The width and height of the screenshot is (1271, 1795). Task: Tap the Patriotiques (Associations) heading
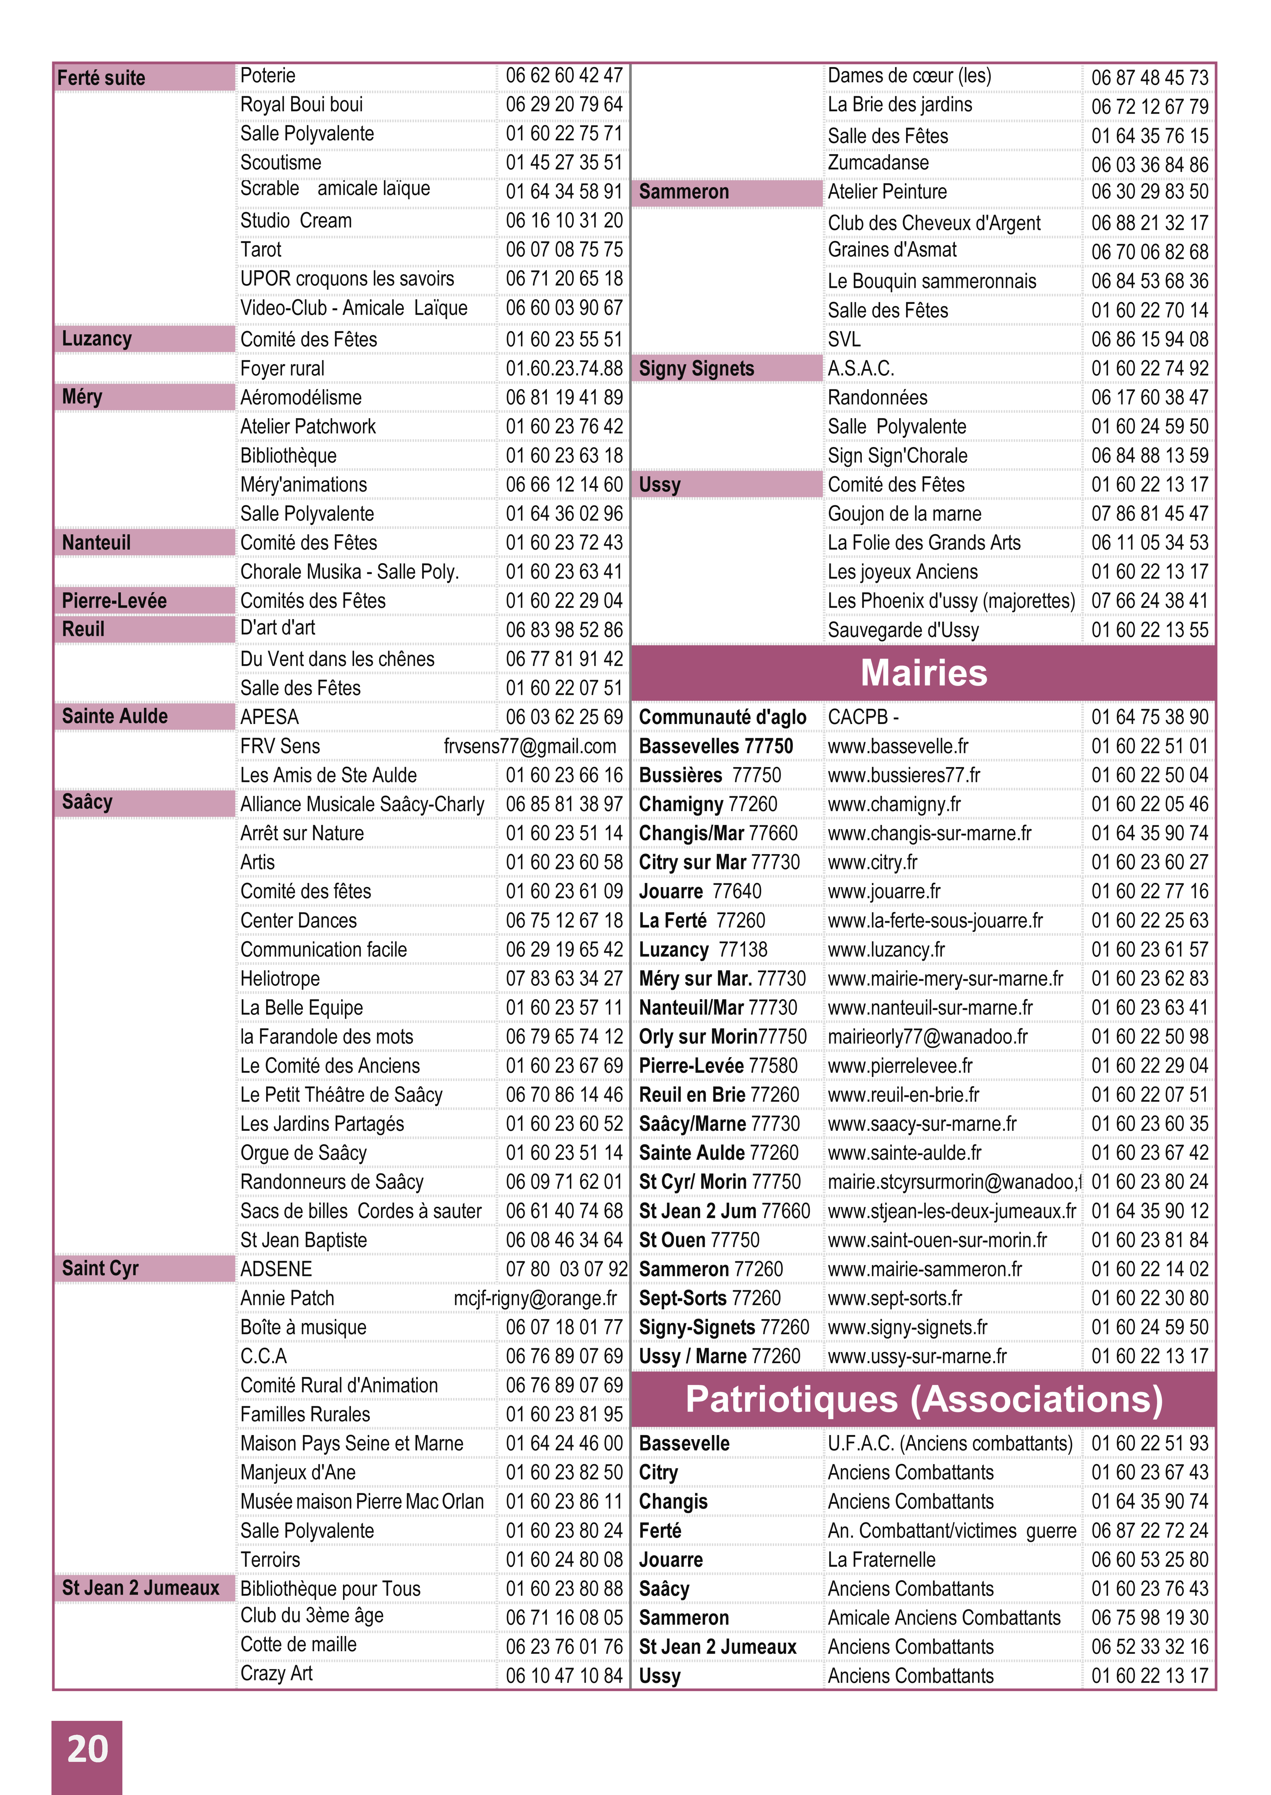tap(924, 1399)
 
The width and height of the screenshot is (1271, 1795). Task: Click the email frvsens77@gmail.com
tap(530, 746)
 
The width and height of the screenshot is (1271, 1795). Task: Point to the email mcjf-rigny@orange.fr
tap(535, 1298)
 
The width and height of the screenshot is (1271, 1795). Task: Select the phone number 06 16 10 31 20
tap(563, 221)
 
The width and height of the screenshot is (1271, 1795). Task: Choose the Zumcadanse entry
tap(878, 163)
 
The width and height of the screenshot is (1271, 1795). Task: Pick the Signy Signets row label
tap(696, 369)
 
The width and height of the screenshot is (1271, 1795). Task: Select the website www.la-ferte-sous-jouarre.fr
tap(935, 921)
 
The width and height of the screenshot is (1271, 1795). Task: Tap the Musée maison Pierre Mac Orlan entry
tap(362, 1501)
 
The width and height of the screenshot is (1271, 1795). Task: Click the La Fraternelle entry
tap(881, 1559)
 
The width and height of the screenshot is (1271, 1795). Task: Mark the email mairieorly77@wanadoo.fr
tap(927, 1036)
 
